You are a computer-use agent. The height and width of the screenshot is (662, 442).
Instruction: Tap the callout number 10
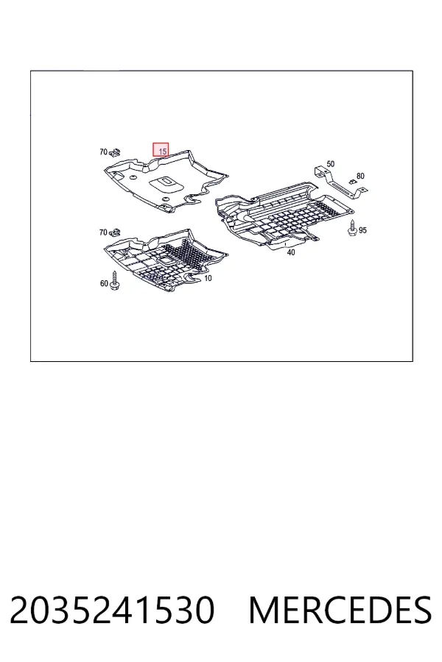click(208, 278)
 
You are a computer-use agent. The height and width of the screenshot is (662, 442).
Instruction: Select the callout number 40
click(290, 252)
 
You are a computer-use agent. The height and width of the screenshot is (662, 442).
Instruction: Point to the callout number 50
click(330, 164)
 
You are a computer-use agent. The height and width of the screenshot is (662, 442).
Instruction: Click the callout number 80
click(360, 176)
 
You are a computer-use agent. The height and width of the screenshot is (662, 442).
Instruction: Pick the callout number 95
click(362, 230)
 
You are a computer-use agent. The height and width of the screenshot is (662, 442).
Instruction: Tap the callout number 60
click(104, 283)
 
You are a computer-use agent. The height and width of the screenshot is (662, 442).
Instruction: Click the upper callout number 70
click(103, 152)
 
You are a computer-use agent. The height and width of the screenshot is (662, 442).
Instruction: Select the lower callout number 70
click(103, 232)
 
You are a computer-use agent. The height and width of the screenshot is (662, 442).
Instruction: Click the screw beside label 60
click(113, 280)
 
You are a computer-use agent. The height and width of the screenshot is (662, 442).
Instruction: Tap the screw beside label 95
click(351, 229)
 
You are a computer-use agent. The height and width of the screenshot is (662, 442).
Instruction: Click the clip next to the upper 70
click(115, 152)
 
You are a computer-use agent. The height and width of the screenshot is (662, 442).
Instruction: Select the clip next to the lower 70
click(115, 232)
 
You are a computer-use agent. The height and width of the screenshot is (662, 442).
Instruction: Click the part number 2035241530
click(112, 610)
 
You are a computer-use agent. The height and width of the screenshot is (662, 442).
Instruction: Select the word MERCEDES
click(340, 610)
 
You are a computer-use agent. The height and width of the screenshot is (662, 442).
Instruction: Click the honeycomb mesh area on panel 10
click(184, 255)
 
